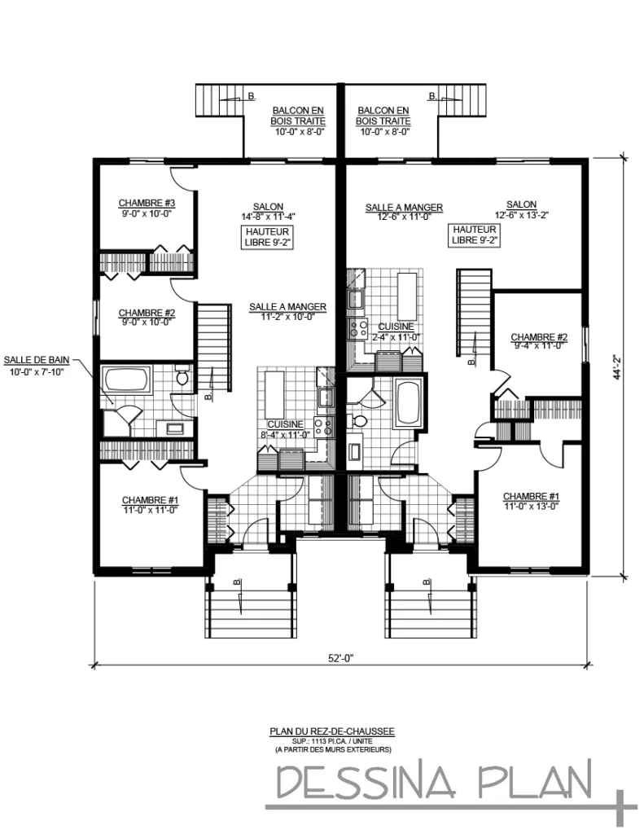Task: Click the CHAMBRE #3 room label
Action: coord(147,203)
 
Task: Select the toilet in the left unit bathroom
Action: coord(182,376)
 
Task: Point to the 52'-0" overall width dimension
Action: coord(340,658)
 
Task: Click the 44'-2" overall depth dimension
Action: coord(617,367)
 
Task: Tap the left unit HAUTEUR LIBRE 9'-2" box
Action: coord(268,237)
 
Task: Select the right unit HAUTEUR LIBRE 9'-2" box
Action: coord(475,235)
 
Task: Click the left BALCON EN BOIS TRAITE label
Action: coord(298,116)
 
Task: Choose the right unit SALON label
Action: coord(521,204)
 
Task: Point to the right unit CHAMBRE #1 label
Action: coord(532,497)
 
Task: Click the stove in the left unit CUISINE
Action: coord(323,426)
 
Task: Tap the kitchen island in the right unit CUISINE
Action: coord(407,294)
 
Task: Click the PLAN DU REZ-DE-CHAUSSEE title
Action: coord(332,731)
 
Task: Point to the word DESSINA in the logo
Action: coord(366,782)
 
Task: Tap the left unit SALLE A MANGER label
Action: coord(287,307)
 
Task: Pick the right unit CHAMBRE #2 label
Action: coord(539,337)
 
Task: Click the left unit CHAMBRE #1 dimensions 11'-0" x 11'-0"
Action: coord(150,510)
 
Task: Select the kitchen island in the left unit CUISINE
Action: coord(274,394)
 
